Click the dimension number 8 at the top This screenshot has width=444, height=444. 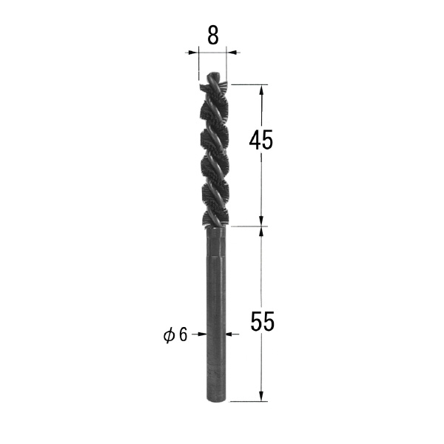point(213,36)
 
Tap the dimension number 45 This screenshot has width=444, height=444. point(260,140)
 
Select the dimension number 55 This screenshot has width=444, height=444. point(263,321)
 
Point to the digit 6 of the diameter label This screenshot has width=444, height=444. point(184,334)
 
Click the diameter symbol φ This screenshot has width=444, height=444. point(169,335)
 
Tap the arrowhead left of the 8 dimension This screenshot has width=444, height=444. point(192,53)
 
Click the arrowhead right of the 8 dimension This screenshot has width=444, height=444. point(232,53)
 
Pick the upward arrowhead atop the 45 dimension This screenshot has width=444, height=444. point(261,90)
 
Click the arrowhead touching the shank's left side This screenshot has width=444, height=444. point(202,334)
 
